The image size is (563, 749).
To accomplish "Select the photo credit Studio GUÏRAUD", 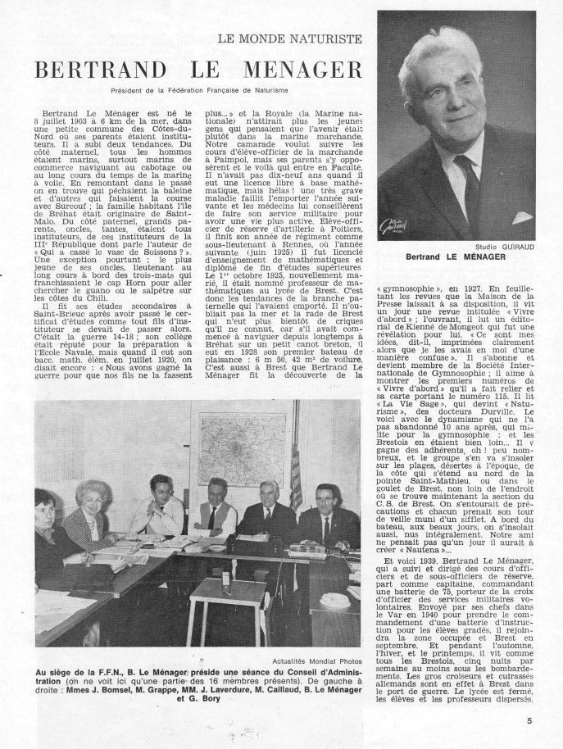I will pyautogui.click(x=501, y=247).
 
